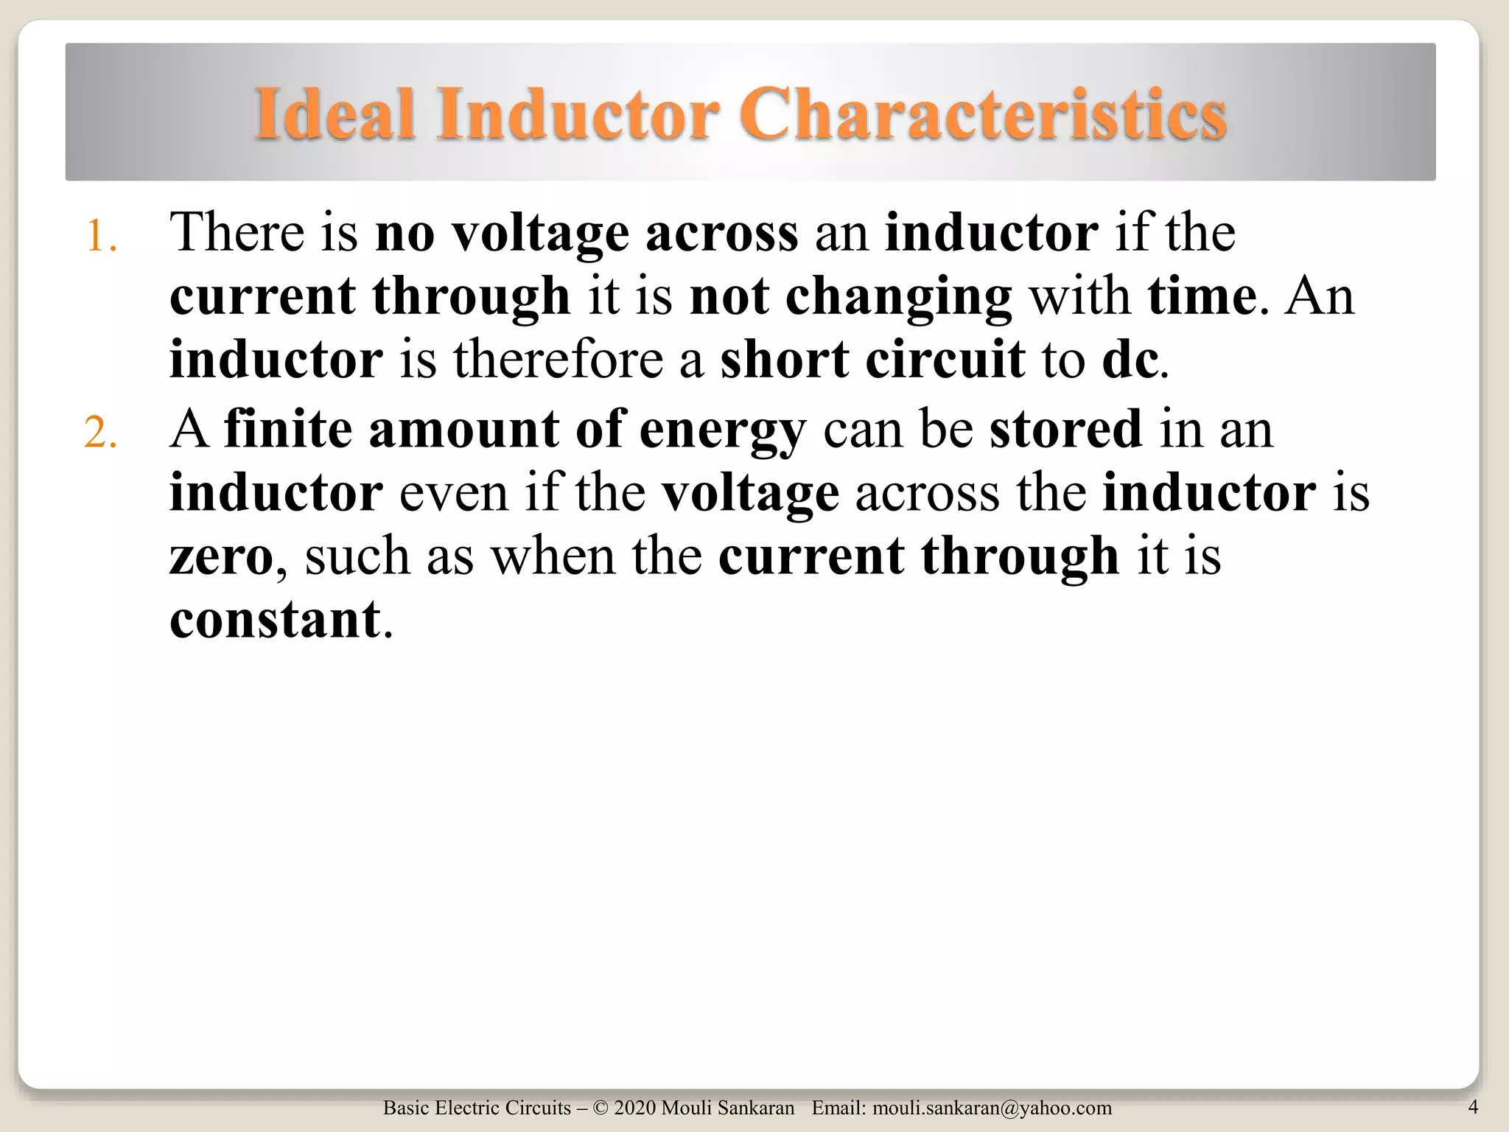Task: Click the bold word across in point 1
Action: [721, 233]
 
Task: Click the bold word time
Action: [1202, 296]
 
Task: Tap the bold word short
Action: [785, 360]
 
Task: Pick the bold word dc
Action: [1130, 360]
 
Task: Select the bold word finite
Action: [288, 429]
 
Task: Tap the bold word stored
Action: [1065, 429]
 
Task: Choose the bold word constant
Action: [275, 620]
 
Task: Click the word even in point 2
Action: [453, 492]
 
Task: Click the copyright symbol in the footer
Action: [601, 1108]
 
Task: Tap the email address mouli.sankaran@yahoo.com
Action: [992, 1108]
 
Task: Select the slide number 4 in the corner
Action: [1473, 1106]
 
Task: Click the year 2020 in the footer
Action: [634, 1108]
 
